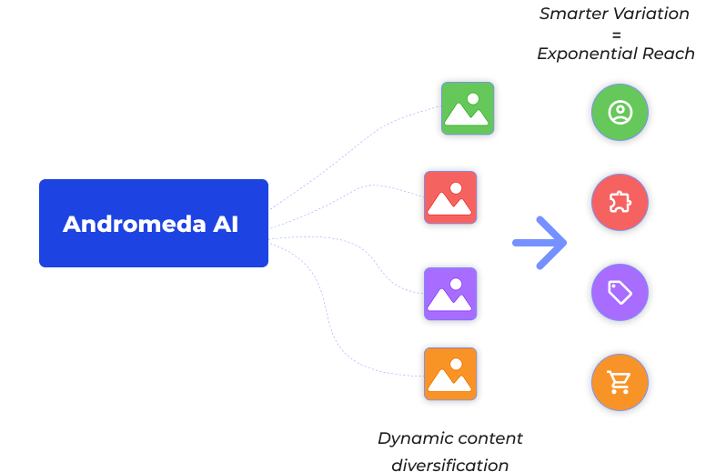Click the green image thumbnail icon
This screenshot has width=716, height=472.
(x=468, y=108)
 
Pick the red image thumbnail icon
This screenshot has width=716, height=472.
(x=450, y=197)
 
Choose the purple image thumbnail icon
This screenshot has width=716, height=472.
(x=450, y=293)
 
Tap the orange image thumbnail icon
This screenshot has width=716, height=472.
(x=450, y=374)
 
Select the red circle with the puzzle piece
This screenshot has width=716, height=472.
(x=620, y=202)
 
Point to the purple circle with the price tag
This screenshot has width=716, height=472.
(x=620, y=292)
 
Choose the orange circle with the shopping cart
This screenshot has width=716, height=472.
(x=620, y=382)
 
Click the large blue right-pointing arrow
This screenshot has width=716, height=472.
(x=540, y=243)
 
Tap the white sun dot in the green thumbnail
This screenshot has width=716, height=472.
(x=473, y=98)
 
